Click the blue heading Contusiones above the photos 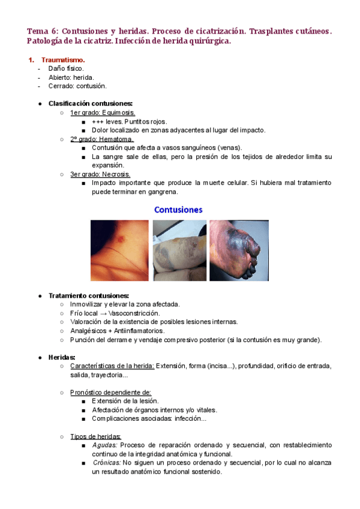click(178, 210)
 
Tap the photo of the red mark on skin click(119, 250)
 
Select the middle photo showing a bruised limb click(179, 250)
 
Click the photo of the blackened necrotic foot click(239, 250)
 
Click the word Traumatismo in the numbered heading click(63, 60)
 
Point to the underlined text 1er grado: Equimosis click(102, 112)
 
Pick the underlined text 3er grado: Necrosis click(100, 174)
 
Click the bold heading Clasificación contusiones click(94, 103)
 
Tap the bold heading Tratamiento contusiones click(88, 295)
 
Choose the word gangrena click(162, 192)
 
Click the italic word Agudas click(104, 445)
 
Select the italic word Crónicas click(106, 463)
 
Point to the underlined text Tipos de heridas click(95, 436)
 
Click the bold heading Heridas click(62, 357)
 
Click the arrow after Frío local click(103, 313)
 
